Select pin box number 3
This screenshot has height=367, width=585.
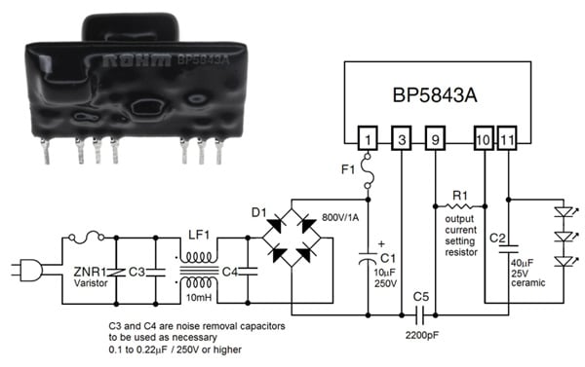point(402,139)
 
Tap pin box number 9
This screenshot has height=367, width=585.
point(435,139)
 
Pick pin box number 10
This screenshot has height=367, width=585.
point(484,139)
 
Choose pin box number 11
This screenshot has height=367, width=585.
point(508,139)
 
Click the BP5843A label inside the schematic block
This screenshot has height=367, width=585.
point(444,96)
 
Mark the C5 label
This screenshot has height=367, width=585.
point(420,296)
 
